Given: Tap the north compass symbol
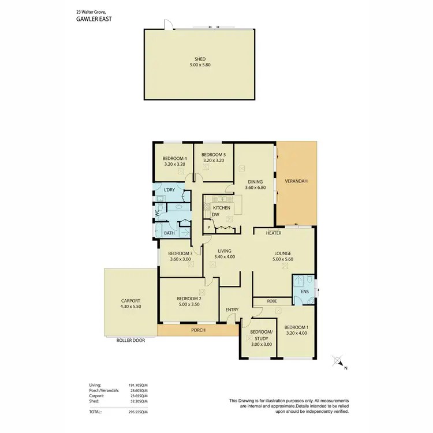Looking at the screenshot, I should (x=338, y=362).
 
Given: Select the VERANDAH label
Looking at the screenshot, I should (x=296, y=181).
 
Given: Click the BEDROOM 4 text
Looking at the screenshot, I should (x=174, y=158).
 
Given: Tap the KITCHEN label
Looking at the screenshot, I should (x=222, y=208).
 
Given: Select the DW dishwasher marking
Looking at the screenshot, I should (x=215, y=215).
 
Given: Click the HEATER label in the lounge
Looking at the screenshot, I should (x=273, y=233).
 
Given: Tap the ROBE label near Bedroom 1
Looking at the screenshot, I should (x=271, y=301).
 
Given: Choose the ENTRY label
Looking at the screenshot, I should (x=232, y=310).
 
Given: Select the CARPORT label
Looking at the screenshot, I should (x=130, y=301).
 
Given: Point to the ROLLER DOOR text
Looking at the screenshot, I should (x=130, y=341).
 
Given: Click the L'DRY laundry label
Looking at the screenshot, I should (x=169, y=190).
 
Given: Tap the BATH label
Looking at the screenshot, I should (x=169, y=233).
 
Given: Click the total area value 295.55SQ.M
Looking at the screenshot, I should (x=136, y=412).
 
